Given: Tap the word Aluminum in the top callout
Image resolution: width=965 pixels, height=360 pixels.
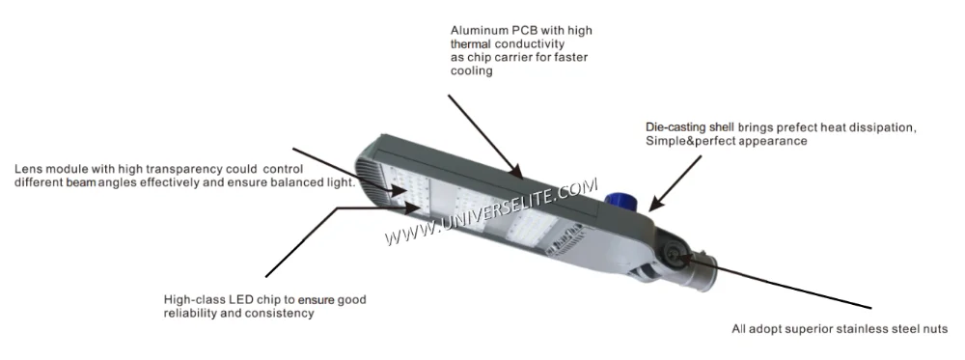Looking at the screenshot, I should click(478, 31).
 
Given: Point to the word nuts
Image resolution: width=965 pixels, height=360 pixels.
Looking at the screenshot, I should click(935, 329).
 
